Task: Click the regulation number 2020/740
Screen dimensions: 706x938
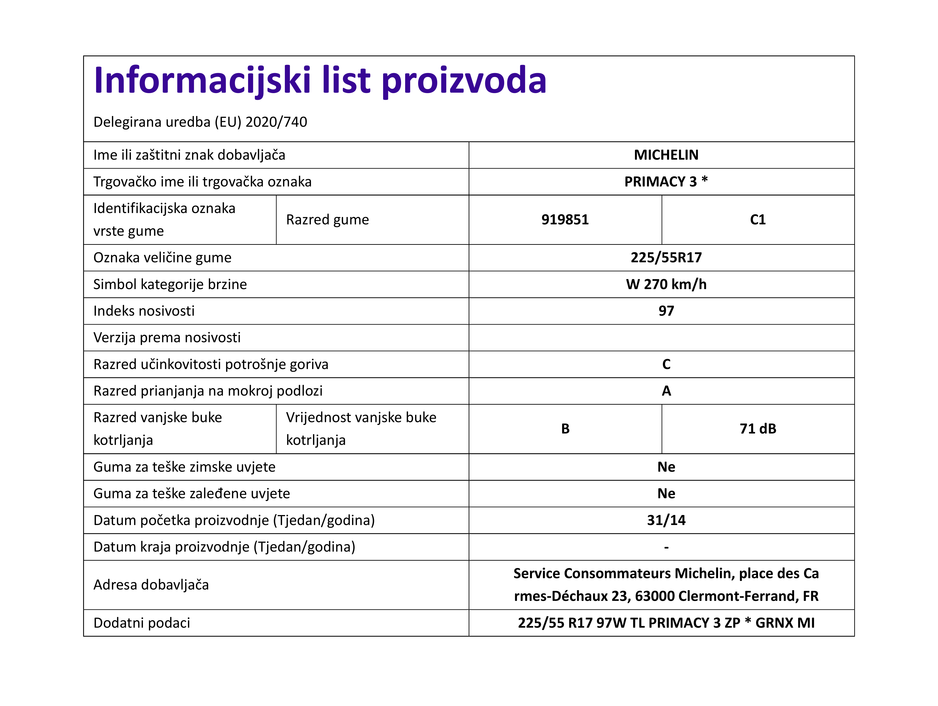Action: tap(276, 122)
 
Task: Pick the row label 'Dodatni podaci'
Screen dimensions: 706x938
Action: tap(142, 623)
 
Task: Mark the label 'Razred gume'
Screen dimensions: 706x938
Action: tap(327, 220)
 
